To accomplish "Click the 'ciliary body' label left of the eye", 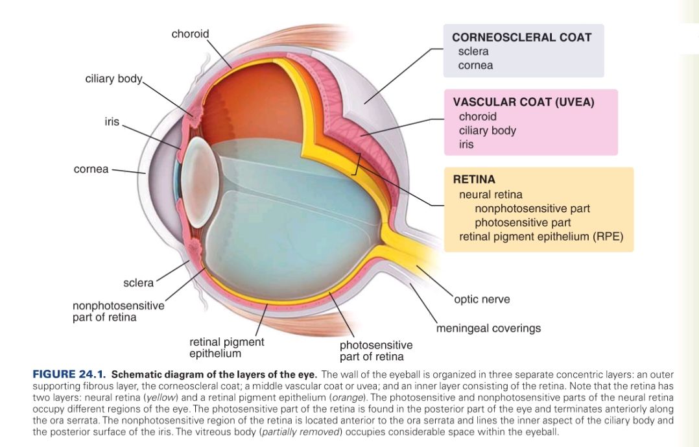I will tap(113, 79).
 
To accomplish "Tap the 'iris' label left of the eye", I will tap(112, 121).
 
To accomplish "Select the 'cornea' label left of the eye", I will tap(91, 169).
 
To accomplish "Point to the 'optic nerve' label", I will tap(482, 299).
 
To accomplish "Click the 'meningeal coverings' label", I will tap(488, 328).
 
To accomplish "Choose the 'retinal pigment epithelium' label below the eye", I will tap(226, 347).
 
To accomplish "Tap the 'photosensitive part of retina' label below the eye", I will tap(375, 350).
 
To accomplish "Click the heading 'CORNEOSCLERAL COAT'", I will tap(521, 37).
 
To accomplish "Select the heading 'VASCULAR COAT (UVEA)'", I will tap(523, 102).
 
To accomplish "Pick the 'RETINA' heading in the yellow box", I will tap(474, 179).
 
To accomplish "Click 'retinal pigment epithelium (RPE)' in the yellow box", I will tap(541, 236).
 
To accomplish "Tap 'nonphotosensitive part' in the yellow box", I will tap(532, 208).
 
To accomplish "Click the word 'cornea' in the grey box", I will tap(475, 65).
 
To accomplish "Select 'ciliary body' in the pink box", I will tap(488, 130).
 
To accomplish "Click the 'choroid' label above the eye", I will tap(190, 33).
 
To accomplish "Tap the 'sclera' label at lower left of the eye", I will tap(138, 283).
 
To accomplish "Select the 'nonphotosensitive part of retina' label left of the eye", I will tap(118, 311).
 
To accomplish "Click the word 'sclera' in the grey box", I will tap(473, 51).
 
